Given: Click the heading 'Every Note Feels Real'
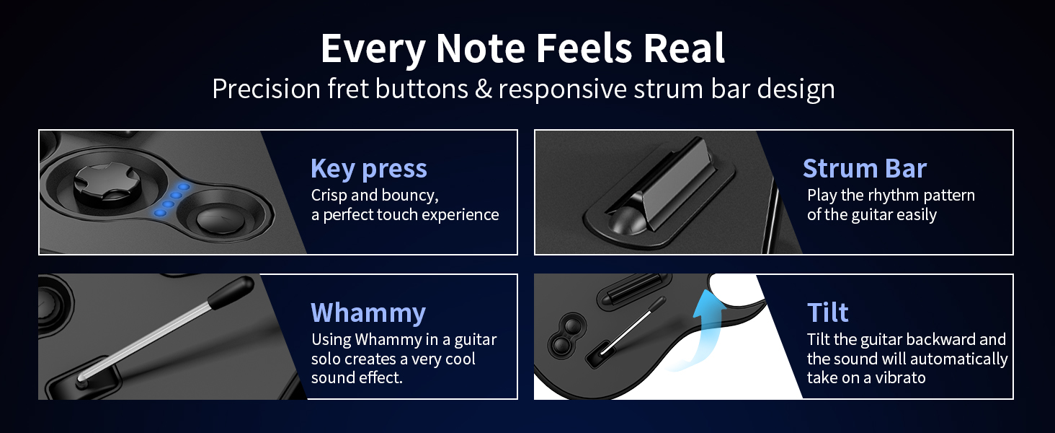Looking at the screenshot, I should (522, 49).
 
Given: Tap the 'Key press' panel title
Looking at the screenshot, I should (368, 169).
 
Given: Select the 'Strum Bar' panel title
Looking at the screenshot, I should (864, 168).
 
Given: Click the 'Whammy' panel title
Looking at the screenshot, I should (368, 312).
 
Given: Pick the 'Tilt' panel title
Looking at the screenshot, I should (827, 312).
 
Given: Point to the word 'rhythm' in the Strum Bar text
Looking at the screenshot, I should (888, 196).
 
